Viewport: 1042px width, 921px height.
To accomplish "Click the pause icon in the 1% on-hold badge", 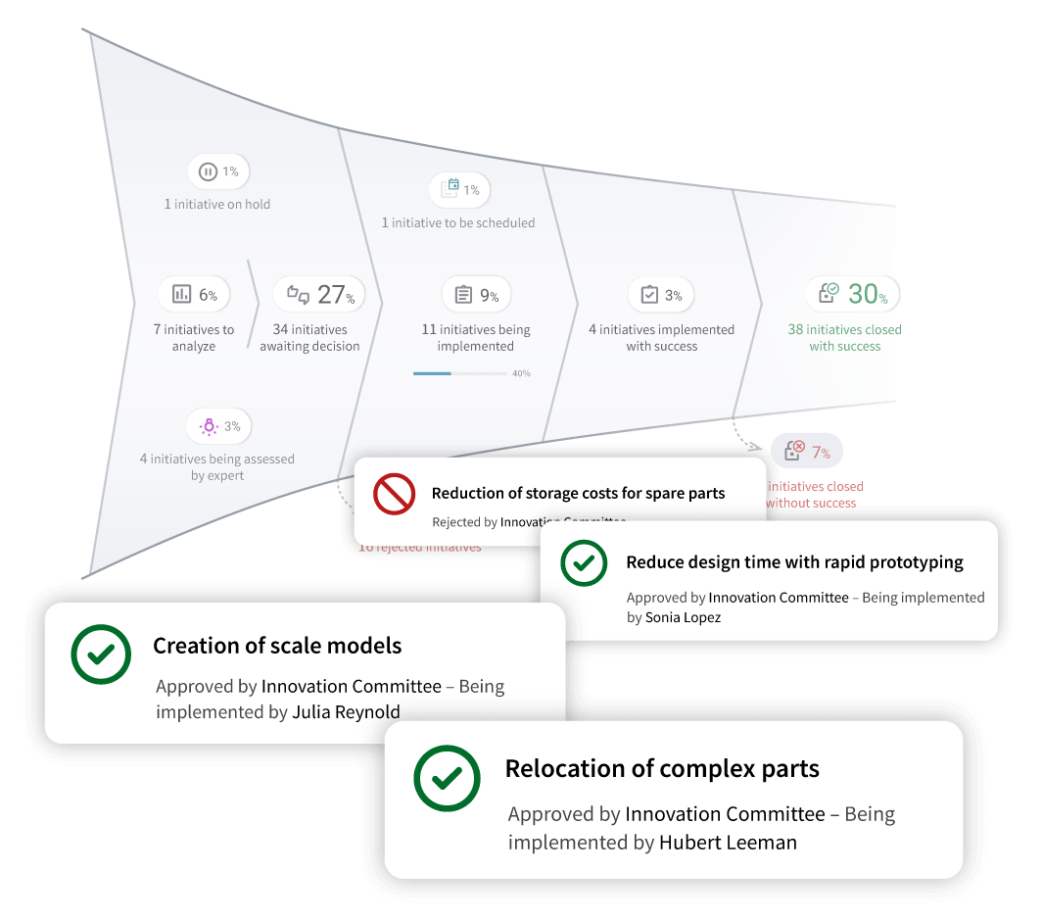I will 208,172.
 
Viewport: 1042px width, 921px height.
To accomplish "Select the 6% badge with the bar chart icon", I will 194,294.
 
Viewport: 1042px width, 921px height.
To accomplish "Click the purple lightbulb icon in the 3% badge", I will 207,426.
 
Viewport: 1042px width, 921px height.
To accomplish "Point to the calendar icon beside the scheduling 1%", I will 450,188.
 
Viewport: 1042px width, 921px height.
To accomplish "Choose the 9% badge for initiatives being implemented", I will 477,295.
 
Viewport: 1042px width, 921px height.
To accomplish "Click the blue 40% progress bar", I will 432,373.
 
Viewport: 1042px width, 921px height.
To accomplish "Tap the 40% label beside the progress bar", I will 521,373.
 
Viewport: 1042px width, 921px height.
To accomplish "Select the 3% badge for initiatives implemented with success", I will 660,295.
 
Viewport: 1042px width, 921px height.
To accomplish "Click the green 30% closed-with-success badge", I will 851,294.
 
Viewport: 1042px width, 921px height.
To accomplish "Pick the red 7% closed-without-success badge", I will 807,452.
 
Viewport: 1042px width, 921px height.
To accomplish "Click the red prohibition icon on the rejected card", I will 394,495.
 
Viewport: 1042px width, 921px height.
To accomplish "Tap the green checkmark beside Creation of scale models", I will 101,654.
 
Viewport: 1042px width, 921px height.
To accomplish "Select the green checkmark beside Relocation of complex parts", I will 447,779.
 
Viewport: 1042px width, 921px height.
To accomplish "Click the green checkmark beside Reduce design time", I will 583,563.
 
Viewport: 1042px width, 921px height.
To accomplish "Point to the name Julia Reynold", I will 346,712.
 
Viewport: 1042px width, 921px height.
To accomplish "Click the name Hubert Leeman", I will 728,843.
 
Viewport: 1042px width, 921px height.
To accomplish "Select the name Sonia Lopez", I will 683,617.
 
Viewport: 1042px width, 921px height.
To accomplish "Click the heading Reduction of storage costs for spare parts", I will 578,494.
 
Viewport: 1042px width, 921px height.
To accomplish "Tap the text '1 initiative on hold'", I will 217,205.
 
